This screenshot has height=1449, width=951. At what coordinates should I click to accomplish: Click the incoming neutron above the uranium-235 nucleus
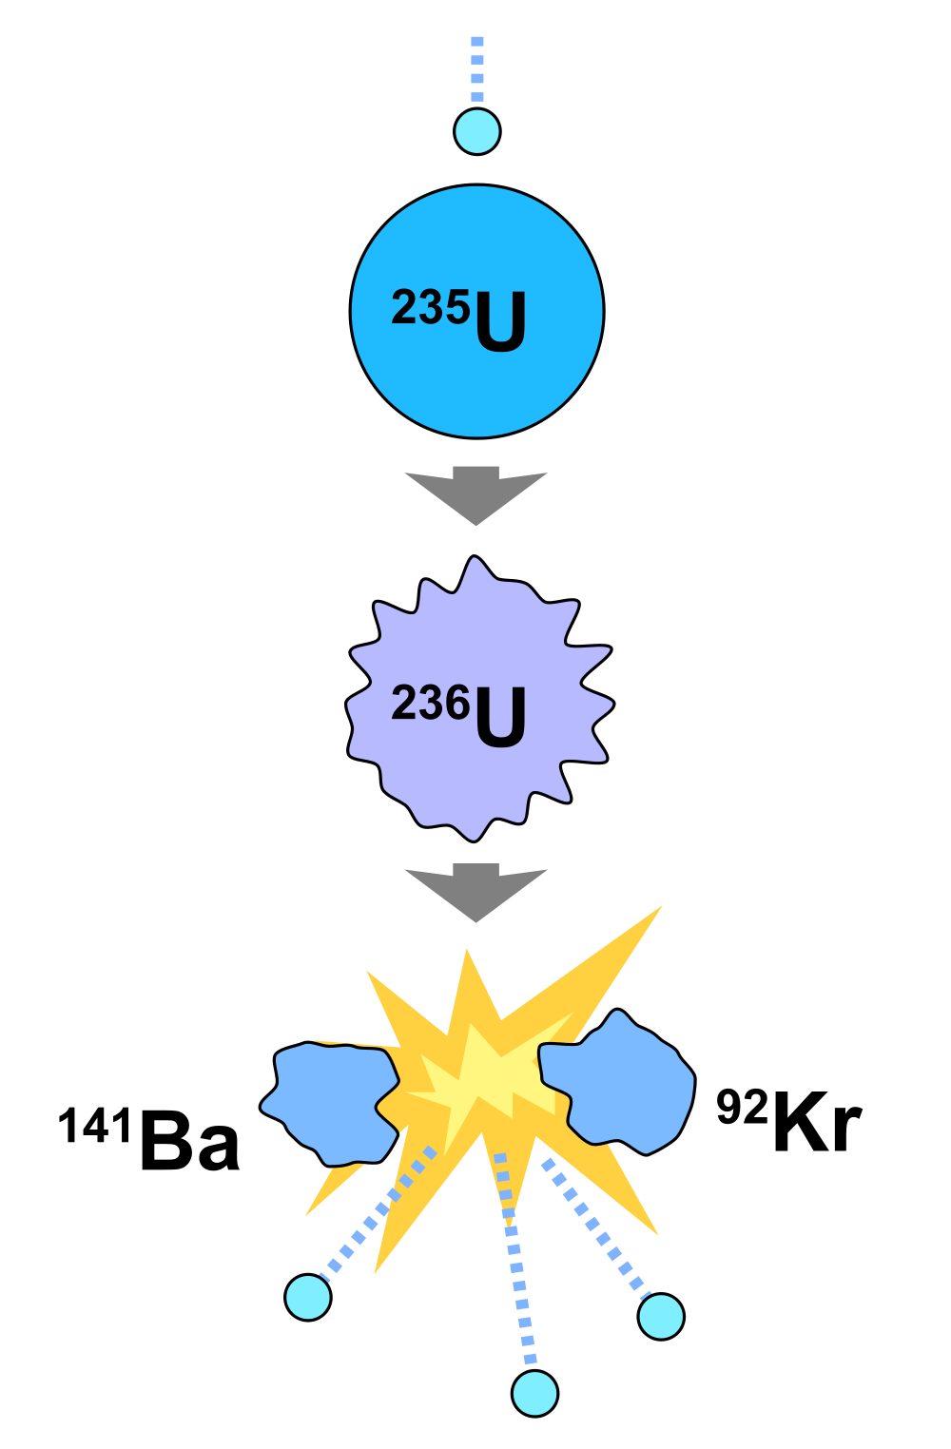pyautogui.click(x=477, y=131)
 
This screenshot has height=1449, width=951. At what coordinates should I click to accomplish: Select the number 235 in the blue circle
pyautogui.click(x=430, y=308)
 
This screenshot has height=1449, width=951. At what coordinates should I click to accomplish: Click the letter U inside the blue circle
pyautogui.click(x=500, y=323)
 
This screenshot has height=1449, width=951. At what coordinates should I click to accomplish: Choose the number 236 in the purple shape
pyautogui.click(x=430, y=705)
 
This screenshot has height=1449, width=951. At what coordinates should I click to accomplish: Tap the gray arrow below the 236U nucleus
pyautogui.click(x=476, y=890)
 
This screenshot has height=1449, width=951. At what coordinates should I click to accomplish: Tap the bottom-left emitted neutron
pyautogui.click(x=308, y=1297)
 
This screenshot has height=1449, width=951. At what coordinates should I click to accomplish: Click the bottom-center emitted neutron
pyautogui.click(x=534, y=1393)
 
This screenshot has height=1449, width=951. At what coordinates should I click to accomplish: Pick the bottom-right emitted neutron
pyautogui.click(x=661, y=1316)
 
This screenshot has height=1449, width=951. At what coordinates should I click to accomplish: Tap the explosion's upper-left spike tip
pyautogui.click(x=371, y=976)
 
